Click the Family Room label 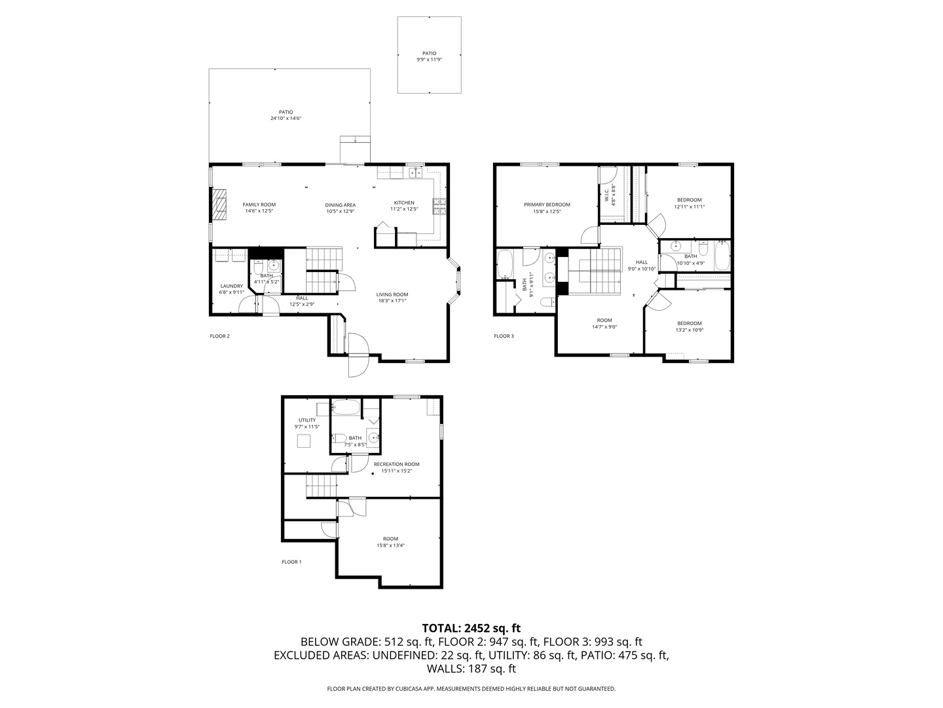[259, 205]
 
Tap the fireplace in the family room [219, 206]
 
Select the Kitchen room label [403, 203]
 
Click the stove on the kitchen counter [438, 206]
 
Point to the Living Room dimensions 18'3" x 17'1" [392, 302]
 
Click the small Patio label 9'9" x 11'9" [429, 54]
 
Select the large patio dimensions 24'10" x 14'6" [286, 119]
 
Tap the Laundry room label [231, 286]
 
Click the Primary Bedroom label [547, 205]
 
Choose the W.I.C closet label [607, 195]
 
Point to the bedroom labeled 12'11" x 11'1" [689, 206]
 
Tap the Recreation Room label [396, 464]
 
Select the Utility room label [307, 420]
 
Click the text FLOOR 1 [291, 562]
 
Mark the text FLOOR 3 [504, 336]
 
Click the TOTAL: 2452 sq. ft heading [471, 628]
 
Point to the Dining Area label [340, 205]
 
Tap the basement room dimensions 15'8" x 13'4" [390, 545]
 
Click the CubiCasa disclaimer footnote [471, 689]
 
